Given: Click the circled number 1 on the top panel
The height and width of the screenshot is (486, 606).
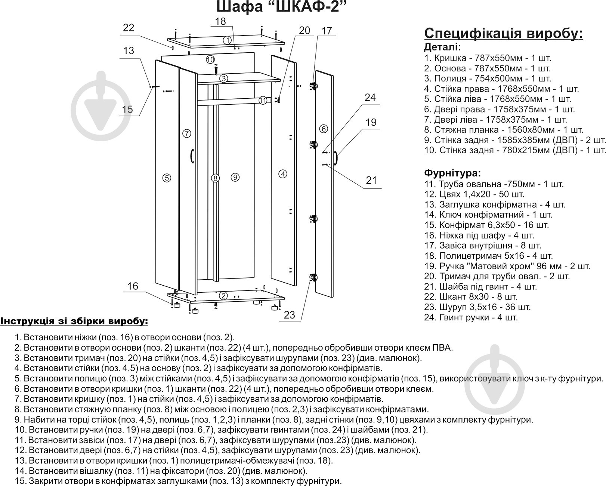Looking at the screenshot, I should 228,40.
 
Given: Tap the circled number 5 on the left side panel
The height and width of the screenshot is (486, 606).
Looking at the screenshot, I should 167,178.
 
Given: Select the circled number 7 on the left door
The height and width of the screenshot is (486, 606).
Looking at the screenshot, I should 187,133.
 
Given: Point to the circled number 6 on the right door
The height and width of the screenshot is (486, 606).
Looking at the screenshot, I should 324,129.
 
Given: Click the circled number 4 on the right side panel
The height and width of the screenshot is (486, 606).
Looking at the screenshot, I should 283,174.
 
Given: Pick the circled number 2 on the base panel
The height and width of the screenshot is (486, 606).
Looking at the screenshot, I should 223,296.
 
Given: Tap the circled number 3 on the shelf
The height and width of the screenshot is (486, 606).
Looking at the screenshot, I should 223,79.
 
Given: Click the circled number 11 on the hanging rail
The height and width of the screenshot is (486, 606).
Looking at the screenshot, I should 263,100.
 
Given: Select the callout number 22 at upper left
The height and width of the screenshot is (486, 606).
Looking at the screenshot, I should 128,28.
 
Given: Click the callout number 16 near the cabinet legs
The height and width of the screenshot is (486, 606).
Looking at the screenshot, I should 133,286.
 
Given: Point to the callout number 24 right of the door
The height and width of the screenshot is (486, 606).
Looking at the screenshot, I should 370,98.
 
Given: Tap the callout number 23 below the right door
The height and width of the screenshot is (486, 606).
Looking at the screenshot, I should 290,315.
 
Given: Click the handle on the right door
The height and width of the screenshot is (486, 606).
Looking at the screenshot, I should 336,157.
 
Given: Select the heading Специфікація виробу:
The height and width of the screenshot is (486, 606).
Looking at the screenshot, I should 503,34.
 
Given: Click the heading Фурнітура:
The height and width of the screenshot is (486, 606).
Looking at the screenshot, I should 452,173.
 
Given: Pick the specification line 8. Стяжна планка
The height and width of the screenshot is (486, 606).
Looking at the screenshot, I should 504,130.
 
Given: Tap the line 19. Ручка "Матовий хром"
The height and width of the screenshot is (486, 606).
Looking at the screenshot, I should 507,266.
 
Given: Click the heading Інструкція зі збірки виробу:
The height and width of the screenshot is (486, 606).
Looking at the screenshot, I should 74,322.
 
